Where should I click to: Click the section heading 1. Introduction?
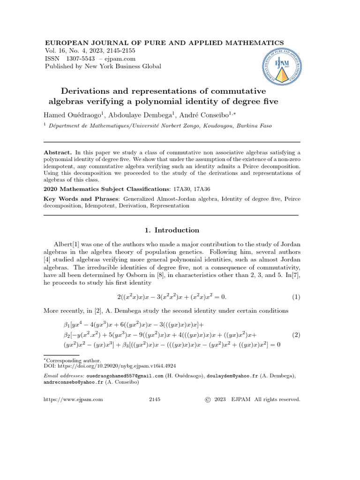pyautogui.click(x=170, y=230)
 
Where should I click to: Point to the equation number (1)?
pyautogui.click(x=296, y=297)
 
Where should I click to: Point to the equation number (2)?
pyautogui.click(x=296, y=335)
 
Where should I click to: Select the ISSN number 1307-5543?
pyautogui.click(x=81, y=59)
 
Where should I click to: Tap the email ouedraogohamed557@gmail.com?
pyautogui.click(x=125, y=376)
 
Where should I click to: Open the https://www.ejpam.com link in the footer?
pyautogui.click(x=73, y=399)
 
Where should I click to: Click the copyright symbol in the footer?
pyautogui.click(x=208, y=399)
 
